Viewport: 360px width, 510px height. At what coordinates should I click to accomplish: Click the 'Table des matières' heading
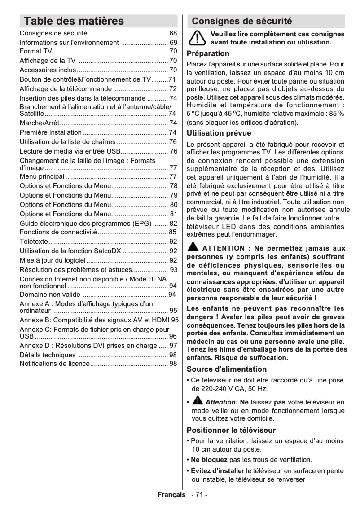coord(74,21)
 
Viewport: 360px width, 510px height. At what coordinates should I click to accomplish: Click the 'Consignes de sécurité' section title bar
coord(242,21)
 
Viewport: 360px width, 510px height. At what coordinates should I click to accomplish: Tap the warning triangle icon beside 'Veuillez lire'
coord(197,38)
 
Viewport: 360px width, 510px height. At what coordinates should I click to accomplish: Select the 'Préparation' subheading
coord(208,54)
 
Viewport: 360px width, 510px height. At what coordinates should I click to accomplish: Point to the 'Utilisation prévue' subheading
coord(219,133)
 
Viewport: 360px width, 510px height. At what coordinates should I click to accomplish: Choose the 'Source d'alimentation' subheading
coord(226,369)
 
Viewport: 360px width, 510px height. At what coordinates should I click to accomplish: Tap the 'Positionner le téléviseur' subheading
coord(231,430)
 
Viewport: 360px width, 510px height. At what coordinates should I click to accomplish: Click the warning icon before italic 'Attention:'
coord(198,401)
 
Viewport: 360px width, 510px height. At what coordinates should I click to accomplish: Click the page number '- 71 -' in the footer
coord(199,495)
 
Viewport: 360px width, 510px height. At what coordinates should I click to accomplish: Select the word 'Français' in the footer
coord(171,495)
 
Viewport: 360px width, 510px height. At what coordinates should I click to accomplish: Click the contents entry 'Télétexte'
coord(34,242)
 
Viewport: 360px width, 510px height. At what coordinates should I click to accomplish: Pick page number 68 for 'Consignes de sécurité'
coord(173,34)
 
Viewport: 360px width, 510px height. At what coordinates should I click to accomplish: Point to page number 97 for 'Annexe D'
coord(173,346)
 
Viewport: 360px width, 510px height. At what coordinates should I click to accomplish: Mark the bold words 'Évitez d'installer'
coord(215,470)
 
